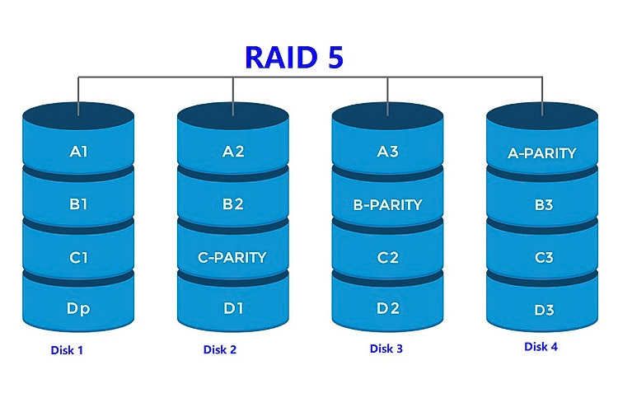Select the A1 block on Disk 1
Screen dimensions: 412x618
click(x=79, y=152)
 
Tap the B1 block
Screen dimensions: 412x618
click(x=79, y=204)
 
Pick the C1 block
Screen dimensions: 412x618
click(x=79, y=257)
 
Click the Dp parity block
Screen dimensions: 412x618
click(x=79, y=309)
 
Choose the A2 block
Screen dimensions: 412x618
click(x=233, y=152)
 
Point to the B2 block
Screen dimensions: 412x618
click(x=233, y=204)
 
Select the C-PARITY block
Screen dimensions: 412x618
click(x=233, y=257)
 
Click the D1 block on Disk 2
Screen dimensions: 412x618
click(x=233, y=309)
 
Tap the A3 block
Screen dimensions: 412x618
click(x=387, y=152)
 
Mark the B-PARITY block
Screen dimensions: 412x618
click(x=387, y=204)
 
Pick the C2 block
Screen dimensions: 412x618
click(x=387, y=257)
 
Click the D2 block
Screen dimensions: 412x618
click(x=387, y=309)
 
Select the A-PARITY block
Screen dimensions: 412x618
click(x=542, y=152)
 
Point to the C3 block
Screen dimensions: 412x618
click(x=542, y=258)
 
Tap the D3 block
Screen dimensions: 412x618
click(x=542, y=310)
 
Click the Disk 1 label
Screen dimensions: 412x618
click(x=67, y=350)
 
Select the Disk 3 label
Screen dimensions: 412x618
click(x=386, y=349)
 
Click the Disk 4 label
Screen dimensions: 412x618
click(x=541, y=347)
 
